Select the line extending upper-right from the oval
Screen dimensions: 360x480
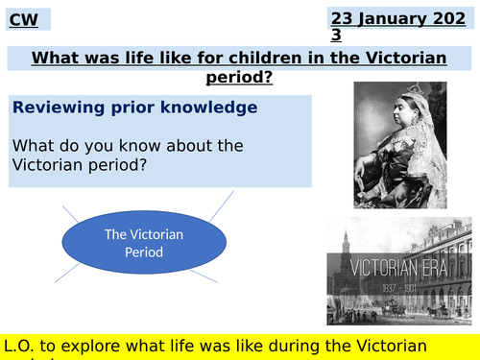click(x=216, y=205)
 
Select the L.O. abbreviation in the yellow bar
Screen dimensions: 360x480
click(x=25, y=345)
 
